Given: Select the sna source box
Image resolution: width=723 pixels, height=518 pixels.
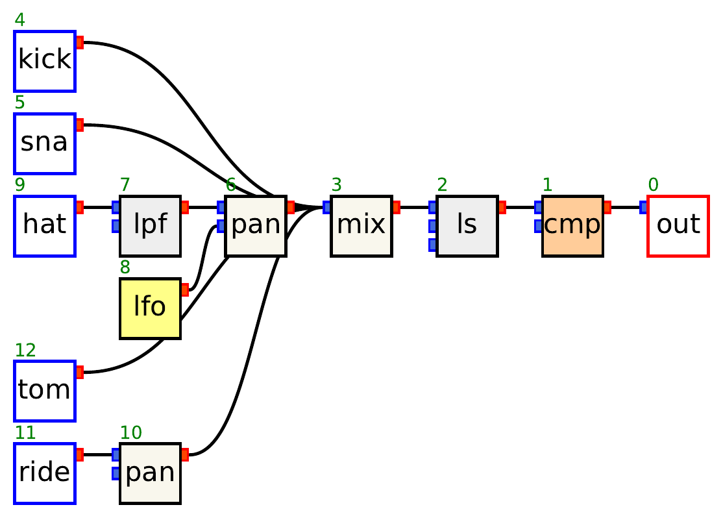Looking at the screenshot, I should (x=45, y=143).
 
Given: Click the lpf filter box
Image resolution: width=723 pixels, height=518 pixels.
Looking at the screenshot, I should (x=150, y=226).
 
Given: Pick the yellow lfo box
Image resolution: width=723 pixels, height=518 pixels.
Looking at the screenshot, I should (x=150, y=308).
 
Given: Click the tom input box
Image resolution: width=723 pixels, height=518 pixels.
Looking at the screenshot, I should (x=45, y=391).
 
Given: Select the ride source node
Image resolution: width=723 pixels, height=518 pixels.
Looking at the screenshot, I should (x=45, y=473).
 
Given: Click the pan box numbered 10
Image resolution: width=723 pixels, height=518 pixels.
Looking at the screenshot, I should (x=150, y=473).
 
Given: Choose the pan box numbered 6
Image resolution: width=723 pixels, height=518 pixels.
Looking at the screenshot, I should (x=256, y=226).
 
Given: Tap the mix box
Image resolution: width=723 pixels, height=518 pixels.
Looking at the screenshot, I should (x=361, y=226).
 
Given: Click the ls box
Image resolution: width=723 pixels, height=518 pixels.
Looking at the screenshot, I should (x=467, y=226).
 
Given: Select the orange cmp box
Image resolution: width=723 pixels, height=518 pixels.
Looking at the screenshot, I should (x=572, y=226).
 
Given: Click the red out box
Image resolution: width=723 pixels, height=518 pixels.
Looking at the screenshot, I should (x=678, y=226).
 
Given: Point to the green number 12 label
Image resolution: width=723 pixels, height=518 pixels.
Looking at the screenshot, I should (x=25, y=351).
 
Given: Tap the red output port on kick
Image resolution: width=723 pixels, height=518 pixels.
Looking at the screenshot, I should (x=80, y=43).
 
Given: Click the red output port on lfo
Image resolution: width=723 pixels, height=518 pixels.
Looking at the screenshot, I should (x=185, y=290).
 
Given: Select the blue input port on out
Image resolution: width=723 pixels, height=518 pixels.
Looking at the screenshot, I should (x=643, y=208).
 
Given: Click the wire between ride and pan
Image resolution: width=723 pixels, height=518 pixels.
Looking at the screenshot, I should (x=98, y=454).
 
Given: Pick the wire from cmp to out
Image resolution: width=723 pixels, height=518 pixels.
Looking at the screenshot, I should (x=626, y=208).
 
